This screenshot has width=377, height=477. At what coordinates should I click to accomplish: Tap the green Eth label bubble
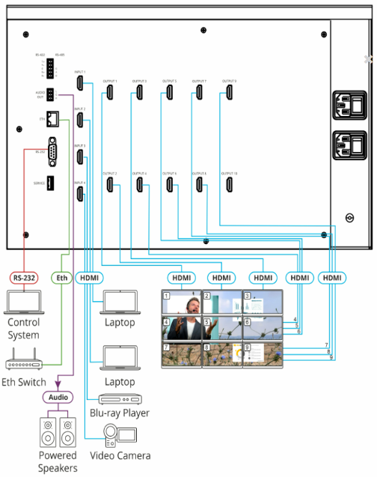(63, 278)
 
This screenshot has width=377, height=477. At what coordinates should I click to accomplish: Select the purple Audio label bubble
(57, 397)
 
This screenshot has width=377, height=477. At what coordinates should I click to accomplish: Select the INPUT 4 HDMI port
(79, 195)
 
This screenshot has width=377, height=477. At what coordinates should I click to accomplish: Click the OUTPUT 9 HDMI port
(230, 93)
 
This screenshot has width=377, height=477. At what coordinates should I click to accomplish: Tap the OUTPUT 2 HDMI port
(109, 185)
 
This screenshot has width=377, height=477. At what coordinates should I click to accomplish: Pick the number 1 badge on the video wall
(168, 297)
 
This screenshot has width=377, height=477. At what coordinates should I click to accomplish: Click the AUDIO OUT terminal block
(49, 95)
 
